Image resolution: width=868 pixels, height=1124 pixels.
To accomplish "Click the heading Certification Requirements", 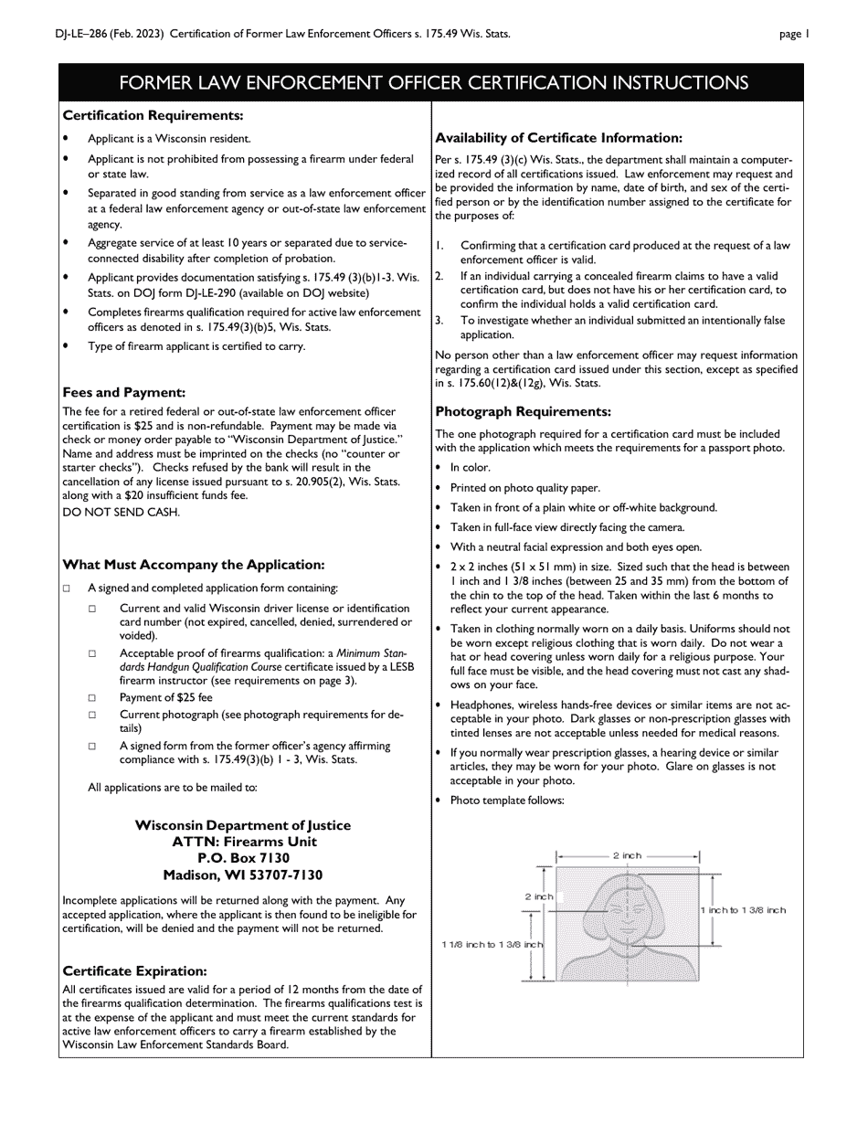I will [153, 116].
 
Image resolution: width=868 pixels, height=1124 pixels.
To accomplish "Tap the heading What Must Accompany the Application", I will [193, 565].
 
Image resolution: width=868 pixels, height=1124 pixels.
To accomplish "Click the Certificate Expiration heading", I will [134, 970].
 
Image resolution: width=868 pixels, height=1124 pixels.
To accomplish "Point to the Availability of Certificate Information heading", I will [558, 138].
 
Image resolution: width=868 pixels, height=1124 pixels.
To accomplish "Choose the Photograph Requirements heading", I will [523, 412].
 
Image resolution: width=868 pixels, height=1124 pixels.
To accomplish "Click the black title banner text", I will [433, 83].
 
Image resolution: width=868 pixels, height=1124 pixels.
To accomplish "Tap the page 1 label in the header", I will [793, 34].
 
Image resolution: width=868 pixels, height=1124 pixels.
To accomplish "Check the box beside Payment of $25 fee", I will [92, 699].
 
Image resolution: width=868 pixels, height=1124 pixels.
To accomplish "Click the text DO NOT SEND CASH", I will [121, 512].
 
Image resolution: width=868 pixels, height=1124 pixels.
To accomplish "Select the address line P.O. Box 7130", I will [243, 858].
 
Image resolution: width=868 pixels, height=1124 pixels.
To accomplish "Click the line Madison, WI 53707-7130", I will [243, 875].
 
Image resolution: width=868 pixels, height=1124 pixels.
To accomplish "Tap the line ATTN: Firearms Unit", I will [243, 842].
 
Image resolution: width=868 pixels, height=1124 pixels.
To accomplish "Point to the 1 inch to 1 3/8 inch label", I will [743, 910].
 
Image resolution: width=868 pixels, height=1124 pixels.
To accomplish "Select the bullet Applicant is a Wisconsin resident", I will [168, 139].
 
